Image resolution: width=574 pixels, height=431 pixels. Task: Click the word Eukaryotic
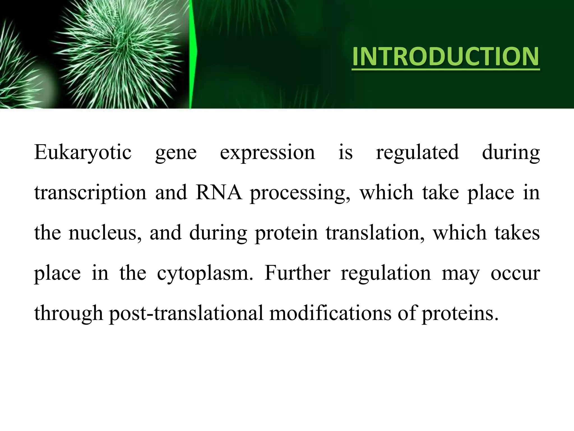[x=83, y=152]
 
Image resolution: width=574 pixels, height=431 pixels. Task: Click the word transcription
[x=90, y=193]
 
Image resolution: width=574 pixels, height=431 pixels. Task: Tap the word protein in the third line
[x=286, y=234]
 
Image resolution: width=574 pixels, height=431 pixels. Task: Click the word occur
[x=515, y=273]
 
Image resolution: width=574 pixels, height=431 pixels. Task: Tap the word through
[x=69, y=314]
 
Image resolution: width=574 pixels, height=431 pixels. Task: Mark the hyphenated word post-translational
[x=186, y=314]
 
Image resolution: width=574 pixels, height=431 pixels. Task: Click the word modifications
[x=330, y=313]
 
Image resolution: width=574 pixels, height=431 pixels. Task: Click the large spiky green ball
[x=118, y=53]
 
